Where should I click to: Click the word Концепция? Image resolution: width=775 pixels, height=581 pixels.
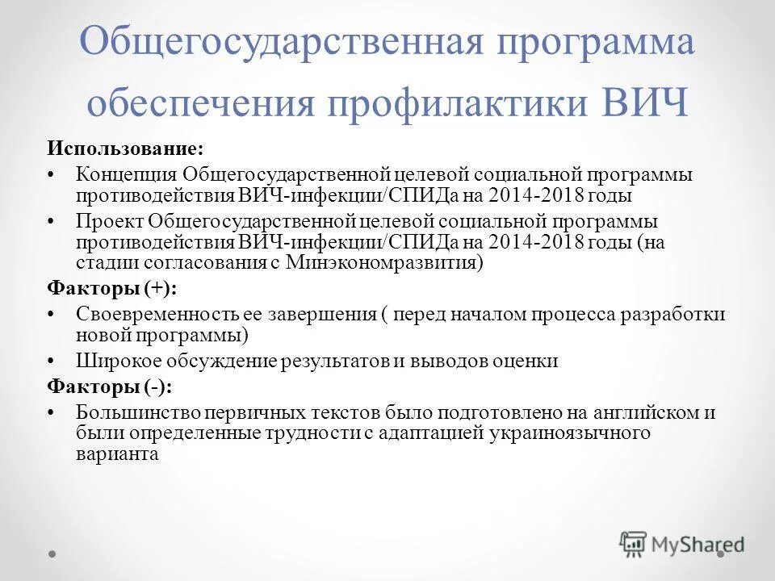(x=127, y=174)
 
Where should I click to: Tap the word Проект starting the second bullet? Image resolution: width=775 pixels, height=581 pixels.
(x=110, y=220)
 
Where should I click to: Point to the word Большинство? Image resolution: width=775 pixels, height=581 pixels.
(x=132, y=412)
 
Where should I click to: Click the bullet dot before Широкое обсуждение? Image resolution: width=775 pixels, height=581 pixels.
(x=52, y=361)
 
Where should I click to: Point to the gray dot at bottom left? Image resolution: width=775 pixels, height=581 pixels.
(x=52, y=554)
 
